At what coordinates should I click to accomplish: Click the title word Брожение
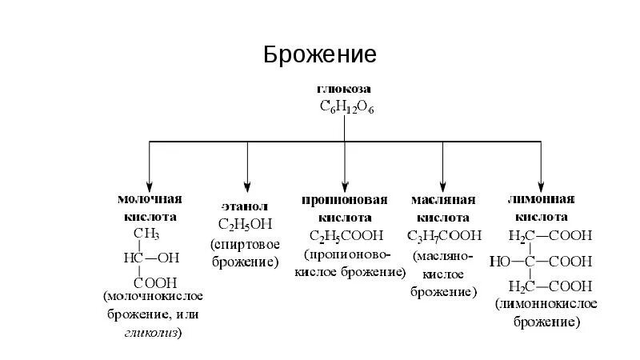320,55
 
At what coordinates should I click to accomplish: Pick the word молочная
150,199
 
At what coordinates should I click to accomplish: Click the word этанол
248,206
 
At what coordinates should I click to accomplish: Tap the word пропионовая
345,200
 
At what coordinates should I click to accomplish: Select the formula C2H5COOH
346,235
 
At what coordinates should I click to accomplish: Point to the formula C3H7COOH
444,235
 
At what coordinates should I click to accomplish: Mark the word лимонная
542,199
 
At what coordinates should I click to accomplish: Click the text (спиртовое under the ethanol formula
247,243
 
